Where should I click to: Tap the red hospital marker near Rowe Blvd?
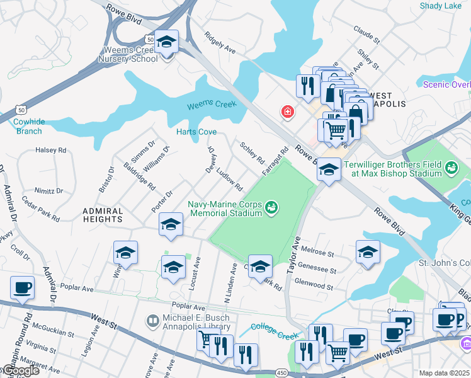click(287, 112)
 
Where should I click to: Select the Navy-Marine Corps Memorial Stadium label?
click(225, 208)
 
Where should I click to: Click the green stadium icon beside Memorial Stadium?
click(271, 207)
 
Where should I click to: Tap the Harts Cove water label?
click(196, 132)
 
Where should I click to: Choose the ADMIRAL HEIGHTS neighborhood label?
click(103, 215)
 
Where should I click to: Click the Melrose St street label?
click(318, 252)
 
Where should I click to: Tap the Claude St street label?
click(366, 35)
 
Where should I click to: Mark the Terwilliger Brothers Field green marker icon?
click(451, 168)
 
